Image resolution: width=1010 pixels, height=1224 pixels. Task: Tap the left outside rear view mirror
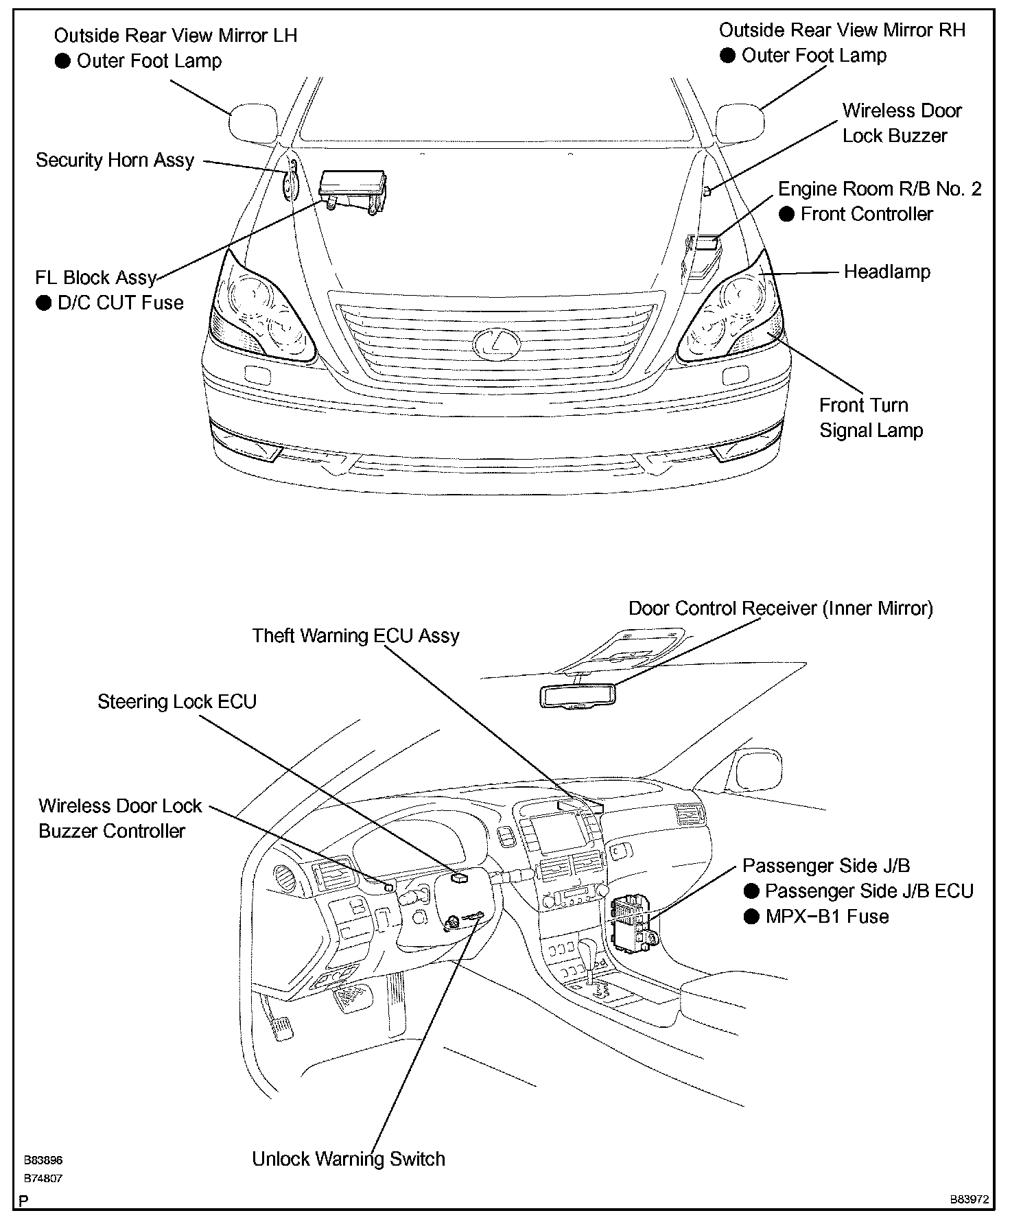252,123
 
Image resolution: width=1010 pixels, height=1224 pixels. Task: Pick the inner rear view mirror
577,696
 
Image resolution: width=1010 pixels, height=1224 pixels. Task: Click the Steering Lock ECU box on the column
459,876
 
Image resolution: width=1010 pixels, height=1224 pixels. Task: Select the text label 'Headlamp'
886,272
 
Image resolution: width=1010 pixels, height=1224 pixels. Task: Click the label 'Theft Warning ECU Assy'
355,635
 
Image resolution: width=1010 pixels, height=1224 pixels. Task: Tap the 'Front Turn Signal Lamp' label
871,418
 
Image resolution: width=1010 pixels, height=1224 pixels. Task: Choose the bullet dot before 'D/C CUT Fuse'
44,303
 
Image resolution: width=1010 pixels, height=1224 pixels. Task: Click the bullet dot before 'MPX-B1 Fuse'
752,916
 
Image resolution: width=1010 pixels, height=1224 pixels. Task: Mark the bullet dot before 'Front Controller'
787,214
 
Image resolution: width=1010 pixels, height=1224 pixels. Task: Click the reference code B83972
969,1199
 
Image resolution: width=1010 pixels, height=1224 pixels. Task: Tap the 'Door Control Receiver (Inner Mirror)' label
781,609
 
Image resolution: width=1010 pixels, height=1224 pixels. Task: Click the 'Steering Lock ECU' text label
177,702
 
